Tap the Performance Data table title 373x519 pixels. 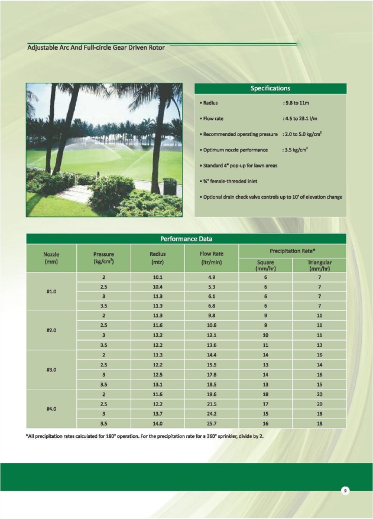click(x=186, y=239)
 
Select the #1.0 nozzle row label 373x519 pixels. click(x=51, y=291)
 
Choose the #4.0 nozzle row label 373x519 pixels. click(x=51, y=408)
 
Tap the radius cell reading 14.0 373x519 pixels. click(x=157, y=424)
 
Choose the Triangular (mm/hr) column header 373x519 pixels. click(x=319, y=265)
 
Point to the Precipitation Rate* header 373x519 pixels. click(x=292, y=251)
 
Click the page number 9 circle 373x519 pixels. click(x=344, y=491)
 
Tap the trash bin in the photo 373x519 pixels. click(x=170, y=186)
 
